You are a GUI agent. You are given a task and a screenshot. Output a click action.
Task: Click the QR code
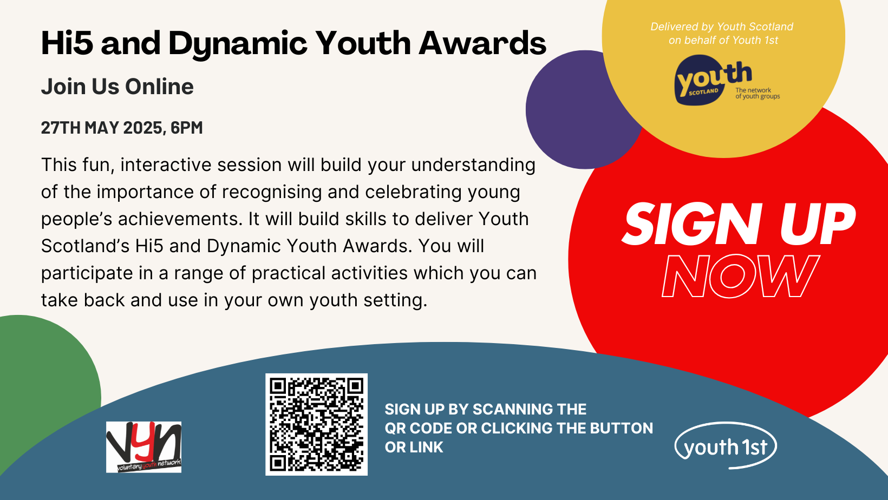coord(316,424)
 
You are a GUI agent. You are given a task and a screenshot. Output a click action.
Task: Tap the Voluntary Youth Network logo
coord(143,447)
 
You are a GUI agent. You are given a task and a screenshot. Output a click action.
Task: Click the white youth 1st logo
coord(726,445)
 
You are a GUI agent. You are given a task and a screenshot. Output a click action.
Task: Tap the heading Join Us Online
coord(117,87)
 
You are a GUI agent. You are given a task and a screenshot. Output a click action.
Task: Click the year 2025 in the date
coord(143,128)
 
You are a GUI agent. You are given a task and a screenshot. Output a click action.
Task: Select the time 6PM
coord(187,128)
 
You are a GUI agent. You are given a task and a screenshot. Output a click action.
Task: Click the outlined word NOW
coord(741,276)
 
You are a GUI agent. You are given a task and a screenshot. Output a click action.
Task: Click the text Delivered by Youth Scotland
coord(721,27)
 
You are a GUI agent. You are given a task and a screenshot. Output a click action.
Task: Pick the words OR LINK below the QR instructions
coord(414,448)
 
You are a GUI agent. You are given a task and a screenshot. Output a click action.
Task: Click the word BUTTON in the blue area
coord(621,428)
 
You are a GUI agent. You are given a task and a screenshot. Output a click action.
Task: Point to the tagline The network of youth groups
coord(758,93)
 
